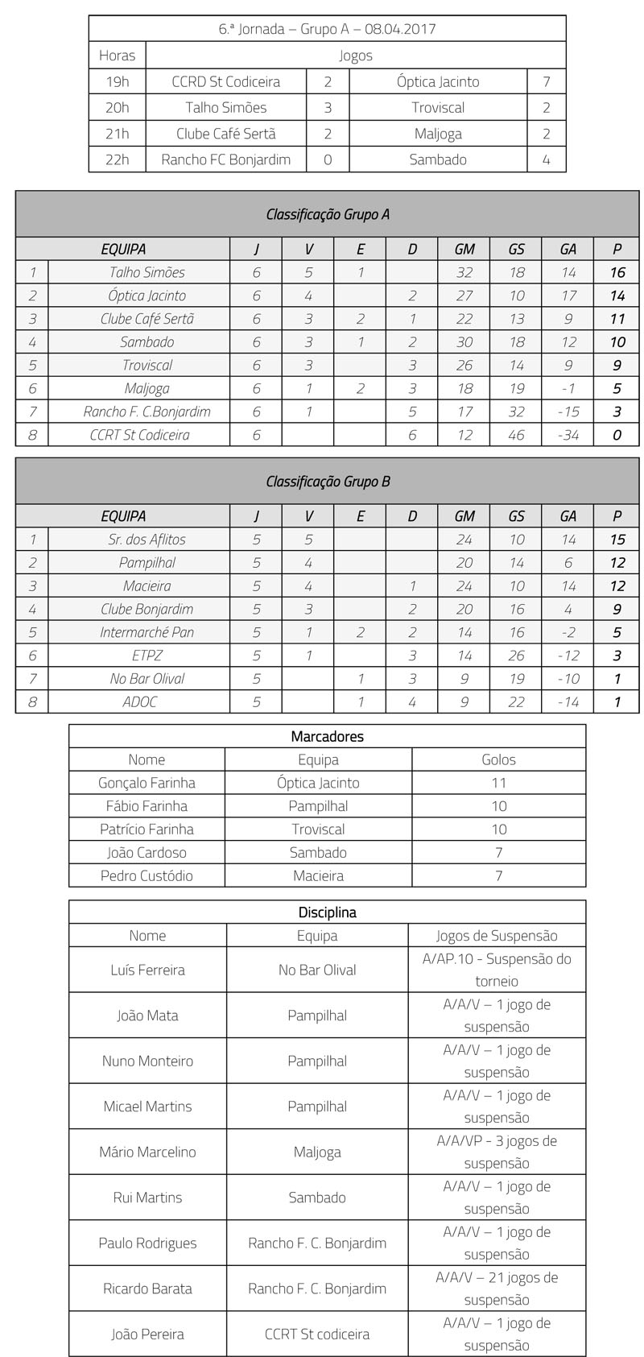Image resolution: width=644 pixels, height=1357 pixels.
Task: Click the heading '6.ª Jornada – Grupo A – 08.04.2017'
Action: point(327,29)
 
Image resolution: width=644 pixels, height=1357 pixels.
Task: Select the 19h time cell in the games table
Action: point(118,81)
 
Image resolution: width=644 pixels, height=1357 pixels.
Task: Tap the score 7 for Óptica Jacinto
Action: point(546,81)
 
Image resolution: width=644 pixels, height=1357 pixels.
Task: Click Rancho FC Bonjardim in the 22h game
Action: point(225,159)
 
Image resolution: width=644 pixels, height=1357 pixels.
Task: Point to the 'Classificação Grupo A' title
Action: point(328,214)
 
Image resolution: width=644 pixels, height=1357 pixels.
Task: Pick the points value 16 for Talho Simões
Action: point(617,272)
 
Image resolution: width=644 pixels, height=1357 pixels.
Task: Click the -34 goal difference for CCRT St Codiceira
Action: point(568,435)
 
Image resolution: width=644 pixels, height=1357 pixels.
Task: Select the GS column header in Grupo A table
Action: point(516,249)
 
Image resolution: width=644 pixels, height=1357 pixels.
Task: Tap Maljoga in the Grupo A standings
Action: point(147,388)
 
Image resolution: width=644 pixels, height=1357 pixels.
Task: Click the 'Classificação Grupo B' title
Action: point(328,482)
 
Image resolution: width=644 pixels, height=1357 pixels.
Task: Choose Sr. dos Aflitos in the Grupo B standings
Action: point(147,540)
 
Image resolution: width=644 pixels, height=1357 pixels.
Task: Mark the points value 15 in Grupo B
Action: point(617,540)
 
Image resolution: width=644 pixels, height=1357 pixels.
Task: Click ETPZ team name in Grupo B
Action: point(147,656)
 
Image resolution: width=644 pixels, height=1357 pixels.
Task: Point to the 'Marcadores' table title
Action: point(327,736)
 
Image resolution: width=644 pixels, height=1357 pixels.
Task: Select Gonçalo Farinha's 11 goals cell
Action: point(498,783)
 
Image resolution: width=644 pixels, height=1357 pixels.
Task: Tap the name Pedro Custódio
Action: point(147,875)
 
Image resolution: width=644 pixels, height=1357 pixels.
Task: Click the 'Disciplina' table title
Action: point(327,912)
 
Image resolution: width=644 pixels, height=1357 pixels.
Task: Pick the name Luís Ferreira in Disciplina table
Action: point(147,970)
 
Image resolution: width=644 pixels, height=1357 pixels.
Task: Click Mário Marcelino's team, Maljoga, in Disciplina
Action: point(317,1152)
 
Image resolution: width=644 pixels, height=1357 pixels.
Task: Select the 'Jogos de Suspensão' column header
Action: point(497,936)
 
